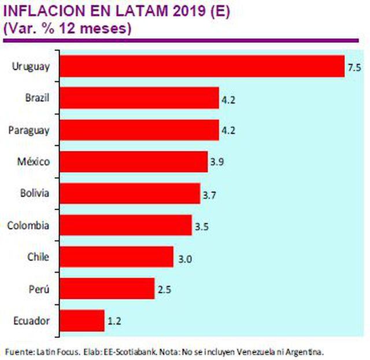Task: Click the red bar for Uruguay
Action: click(202, 67)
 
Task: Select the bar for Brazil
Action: click(139, 98)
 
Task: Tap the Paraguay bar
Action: click(139, 130)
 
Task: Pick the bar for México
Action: click(134, 161)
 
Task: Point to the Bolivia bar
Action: click(130, 193)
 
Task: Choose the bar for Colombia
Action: click(126, 225)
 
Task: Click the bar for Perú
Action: click(108, 288)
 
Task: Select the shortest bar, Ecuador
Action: click(82, 320)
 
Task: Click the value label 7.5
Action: click(354, 68)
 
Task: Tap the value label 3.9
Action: click(217, 163)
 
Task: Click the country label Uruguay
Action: click(32, 67)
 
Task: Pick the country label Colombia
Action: click(29, 225)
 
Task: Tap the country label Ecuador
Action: click(31, 320)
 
